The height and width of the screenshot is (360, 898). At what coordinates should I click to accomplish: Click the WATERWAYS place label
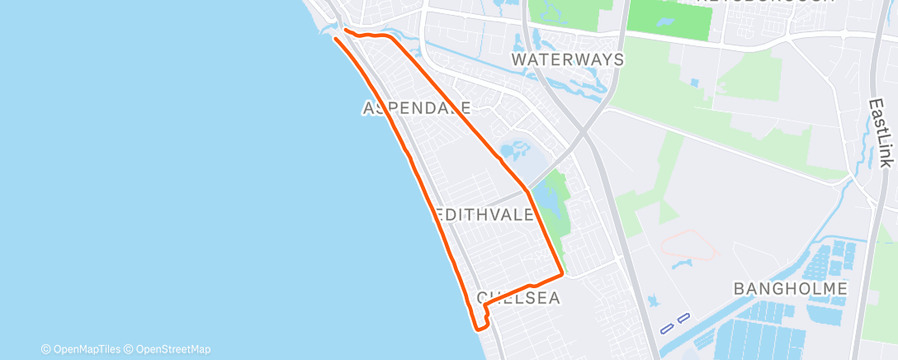(x=567, y=59)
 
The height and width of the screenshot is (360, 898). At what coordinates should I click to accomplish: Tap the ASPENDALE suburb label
(x=418, y=108)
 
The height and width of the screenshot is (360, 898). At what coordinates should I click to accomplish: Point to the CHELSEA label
(x=518, y=297)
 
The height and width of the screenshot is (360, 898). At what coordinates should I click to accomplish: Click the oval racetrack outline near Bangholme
(x=689, y=244)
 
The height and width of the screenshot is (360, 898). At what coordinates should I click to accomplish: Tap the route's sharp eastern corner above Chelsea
(x=562, y=272)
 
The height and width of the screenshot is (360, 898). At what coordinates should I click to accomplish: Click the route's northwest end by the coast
(x=335, y=37)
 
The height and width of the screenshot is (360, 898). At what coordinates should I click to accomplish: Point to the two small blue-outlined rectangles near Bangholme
(x=674, y=324)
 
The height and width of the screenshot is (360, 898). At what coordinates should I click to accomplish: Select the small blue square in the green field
(x=694, y=83)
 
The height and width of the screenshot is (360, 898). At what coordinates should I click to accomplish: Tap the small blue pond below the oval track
(x=682, y=264)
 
